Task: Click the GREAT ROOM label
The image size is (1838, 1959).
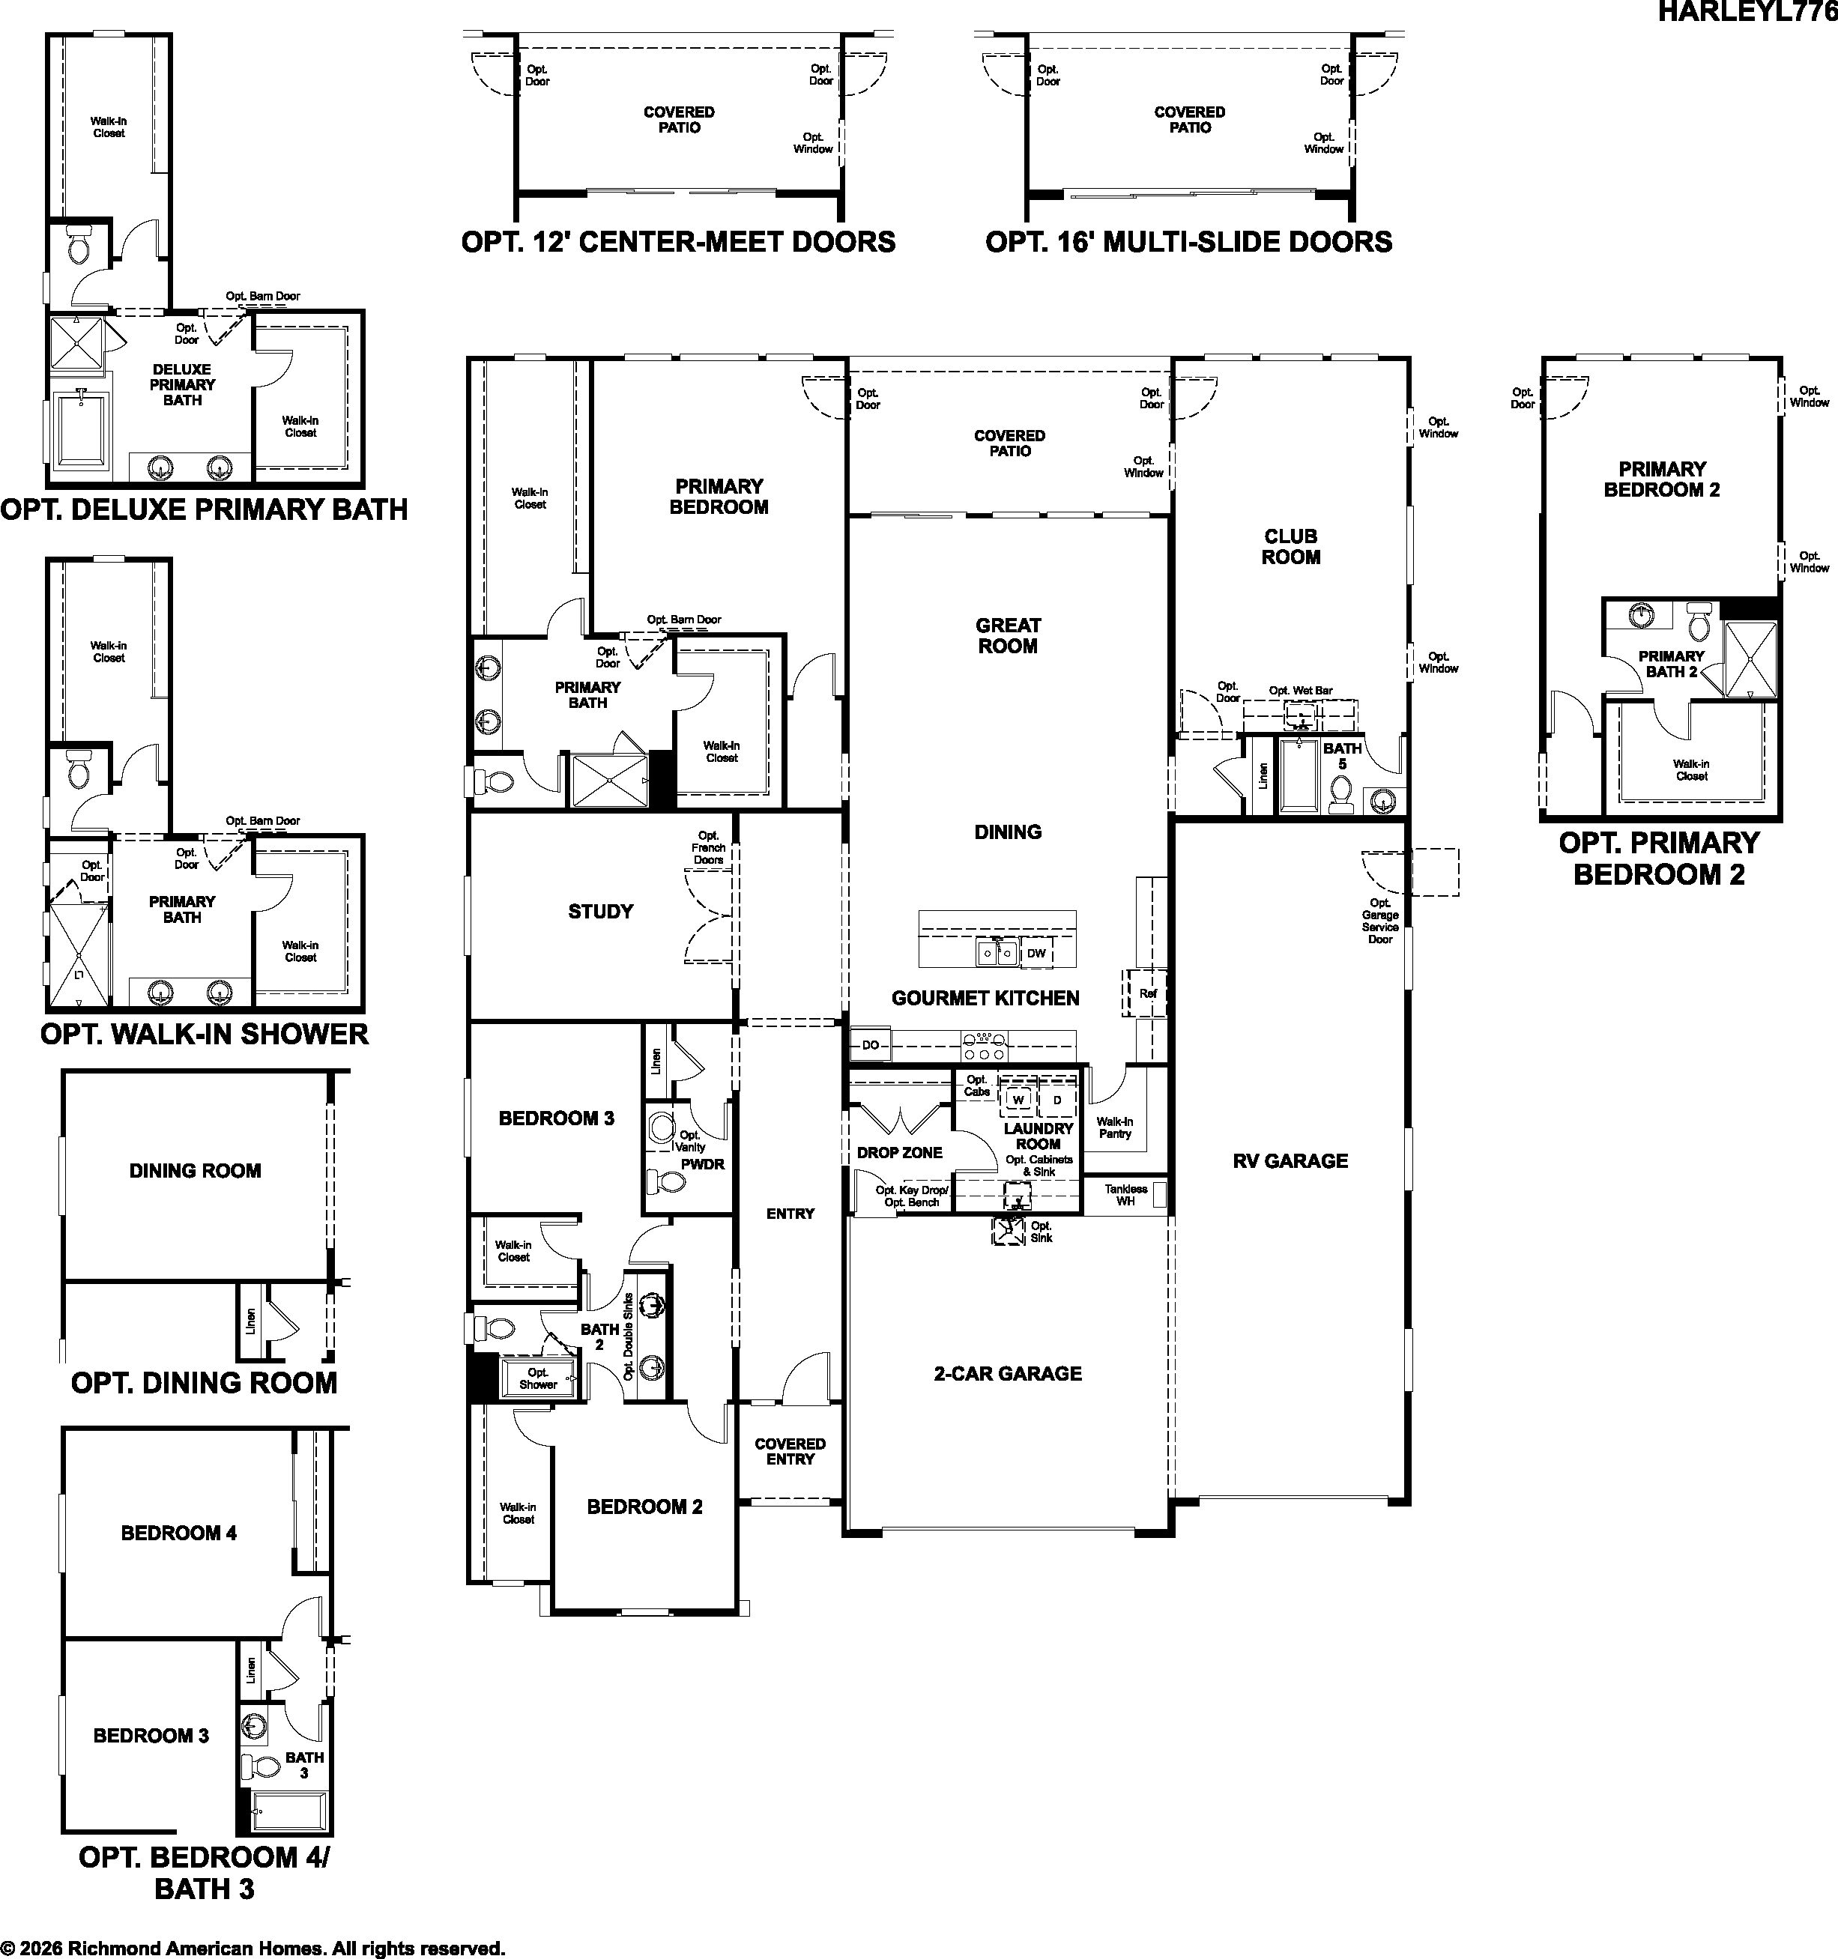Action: coord(1007,635)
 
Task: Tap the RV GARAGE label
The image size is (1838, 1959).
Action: coord(1290,1161)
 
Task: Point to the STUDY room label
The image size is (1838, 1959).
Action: coord(600,912)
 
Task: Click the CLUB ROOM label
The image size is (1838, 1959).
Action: coord(1291,547)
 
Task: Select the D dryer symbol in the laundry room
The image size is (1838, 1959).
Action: coord(1057,1099)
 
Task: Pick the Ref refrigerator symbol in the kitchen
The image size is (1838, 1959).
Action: coord(1146,993)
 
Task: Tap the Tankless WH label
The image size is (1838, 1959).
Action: coord(1125,1196)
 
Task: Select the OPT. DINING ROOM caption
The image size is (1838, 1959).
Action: coord(204,1382)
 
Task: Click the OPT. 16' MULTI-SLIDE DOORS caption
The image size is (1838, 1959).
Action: coord(1188,241)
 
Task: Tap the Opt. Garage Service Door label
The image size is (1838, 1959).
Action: coord(1379,921)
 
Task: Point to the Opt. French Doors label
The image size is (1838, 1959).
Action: coord(709,847)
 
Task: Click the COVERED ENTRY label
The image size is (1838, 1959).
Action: coord(790,1452)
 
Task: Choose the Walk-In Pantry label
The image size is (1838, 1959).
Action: coord(1115,1127)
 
